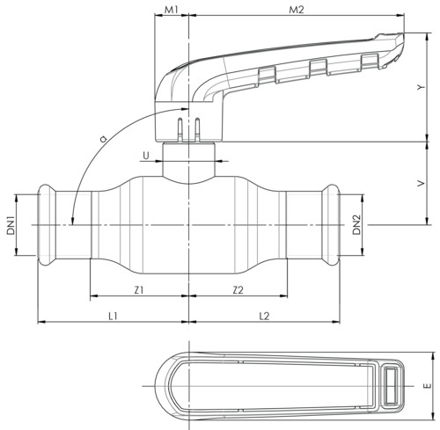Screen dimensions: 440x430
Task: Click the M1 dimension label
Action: [x=171, y=10]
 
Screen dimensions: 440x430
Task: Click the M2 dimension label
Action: [x=297, y=10]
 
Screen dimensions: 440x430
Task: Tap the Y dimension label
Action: [x=421, y=87]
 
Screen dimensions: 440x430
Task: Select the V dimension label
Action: [x=421, y=184]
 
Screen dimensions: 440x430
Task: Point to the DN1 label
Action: [x=11, y=225]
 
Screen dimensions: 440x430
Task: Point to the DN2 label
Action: [x=356, y=225]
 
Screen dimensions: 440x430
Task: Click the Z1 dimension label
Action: [x=139, y=290]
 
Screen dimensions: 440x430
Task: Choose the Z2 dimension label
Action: [x=238, y=290]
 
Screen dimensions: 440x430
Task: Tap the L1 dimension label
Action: [x=113, y=316]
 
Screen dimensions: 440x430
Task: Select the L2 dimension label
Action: [x=264, y=316]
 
